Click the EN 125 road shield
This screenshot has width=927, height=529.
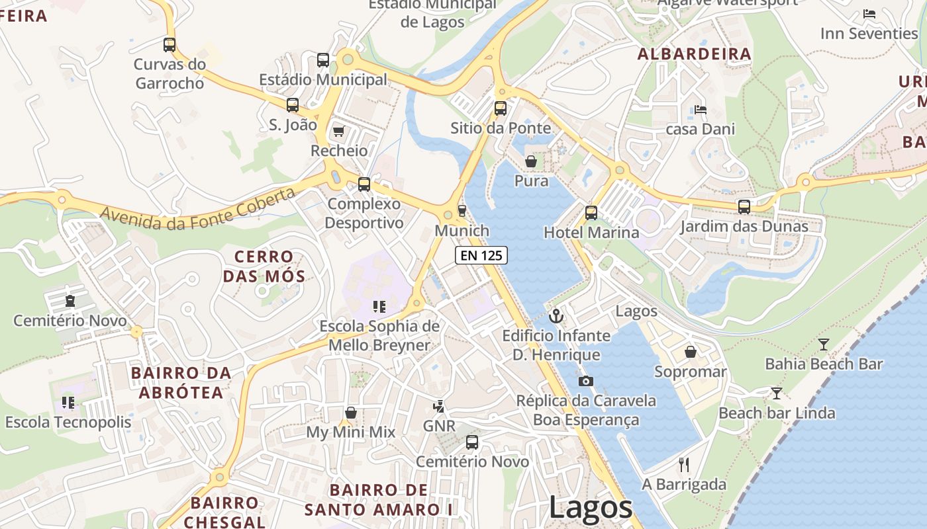[481, 255]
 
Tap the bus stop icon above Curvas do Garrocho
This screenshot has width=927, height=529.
[170, 45]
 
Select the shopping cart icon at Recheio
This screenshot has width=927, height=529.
[338, 131]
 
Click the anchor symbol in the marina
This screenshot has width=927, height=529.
[556, 316]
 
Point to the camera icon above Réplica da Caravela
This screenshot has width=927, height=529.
[585, 381]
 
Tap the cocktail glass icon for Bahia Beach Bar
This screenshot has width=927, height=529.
[823, 344]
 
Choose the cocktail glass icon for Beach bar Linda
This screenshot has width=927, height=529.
[777, 393]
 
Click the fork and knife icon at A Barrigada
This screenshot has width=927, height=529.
[684, 464]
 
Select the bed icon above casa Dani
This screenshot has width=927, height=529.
[701, 109]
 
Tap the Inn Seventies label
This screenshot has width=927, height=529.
[869, 33]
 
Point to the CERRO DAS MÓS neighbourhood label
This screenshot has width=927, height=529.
[264, 266]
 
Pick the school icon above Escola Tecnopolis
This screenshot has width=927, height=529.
[68, 402]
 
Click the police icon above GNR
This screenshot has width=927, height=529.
[438, 406]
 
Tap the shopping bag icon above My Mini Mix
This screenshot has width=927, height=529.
[350, 413]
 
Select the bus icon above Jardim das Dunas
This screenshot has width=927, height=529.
[744, 206]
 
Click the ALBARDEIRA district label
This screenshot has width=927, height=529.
[694, 54]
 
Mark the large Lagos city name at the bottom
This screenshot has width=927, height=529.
[591, 508]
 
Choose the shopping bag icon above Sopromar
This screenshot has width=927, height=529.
[690, 352]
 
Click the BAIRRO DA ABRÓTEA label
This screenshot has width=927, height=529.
[181, 382]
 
